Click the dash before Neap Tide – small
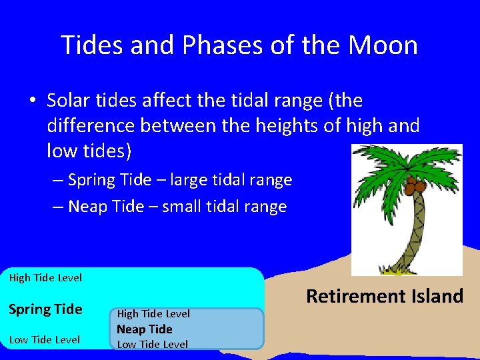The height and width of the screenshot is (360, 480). coord(59,207)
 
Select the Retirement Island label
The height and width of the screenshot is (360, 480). coord(384,296)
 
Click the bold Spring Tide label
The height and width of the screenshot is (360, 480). coord(45,309)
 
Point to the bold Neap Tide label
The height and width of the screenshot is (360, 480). coord(145,329)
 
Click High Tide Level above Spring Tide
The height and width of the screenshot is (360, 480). coord(45,277)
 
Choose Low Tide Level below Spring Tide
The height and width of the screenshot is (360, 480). coord(45,340)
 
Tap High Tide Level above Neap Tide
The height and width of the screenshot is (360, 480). coord(153,313)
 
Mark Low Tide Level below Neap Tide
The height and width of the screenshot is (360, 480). coord(153,344)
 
